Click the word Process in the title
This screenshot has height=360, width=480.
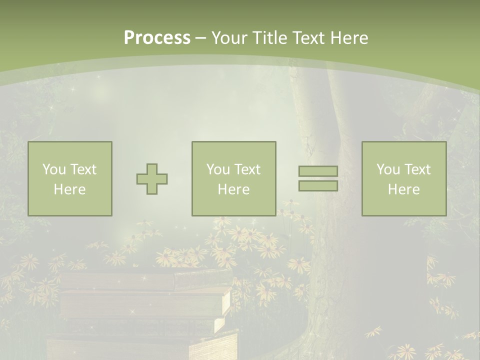(x=157, y=38)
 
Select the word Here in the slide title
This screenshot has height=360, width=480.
(x=349, y=38)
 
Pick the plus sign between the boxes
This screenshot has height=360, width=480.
(x=152, y=179)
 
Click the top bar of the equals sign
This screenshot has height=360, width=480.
(x=318, y=171)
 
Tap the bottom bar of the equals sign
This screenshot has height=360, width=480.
(x=318, y=185)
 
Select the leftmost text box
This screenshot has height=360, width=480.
(x=70, y=178)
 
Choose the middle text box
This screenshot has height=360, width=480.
(x=233, y=178)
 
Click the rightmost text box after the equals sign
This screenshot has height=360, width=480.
(x=404, y=178)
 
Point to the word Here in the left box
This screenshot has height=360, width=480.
(x=69, y=189)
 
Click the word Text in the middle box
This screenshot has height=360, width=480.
(x=247, y=169)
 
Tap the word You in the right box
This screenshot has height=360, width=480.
(x=388, y=169)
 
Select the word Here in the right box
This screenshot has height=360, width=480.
(x=403, y=189)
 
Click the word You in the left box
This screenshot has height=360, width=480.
(x=54, y=169)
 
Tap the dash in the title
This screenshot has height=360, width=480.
(x=200, y=38)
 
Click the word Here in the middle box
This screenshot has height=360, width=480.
(x=233, y=189)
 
